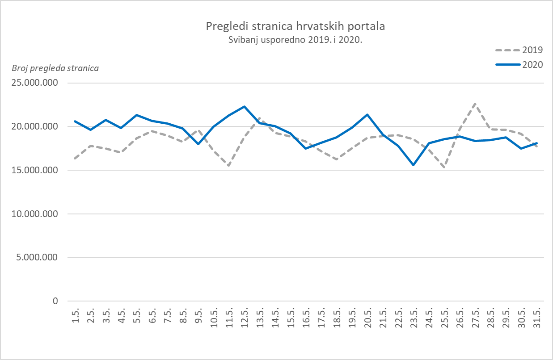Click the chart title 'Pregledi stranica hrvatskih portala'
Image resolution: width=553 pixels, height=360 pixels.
295,26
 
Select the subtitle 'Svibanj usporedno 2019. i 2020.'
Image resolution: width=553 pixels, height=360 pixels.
295,39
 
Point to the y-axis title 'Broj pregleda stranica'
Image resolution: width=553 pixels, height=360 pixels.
55,68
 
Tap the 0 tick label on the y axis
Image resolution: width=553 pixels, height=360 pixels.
55,301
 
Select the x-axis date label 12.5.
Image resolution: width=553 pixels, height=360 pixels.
245,318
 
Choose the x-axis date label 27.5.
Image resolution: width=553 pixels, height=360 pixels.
475,318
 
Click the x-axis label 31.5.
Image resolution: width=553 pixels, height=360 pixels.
537,318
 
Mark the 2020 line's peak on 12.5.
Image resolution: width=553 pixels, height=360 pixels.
244,106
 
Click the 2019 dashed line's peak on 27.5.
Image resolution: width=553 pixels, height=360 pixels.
475,103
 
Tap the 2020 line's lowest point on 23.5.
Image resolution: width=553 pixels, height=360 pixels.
414,165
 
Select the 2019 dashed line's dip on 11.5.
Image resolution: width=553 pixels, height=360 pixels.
229,166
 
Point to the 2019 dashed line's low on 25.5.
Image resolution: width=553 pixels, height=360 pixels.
444,168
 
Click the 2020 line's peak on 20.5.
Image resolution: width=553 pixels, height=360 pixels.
367,114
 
